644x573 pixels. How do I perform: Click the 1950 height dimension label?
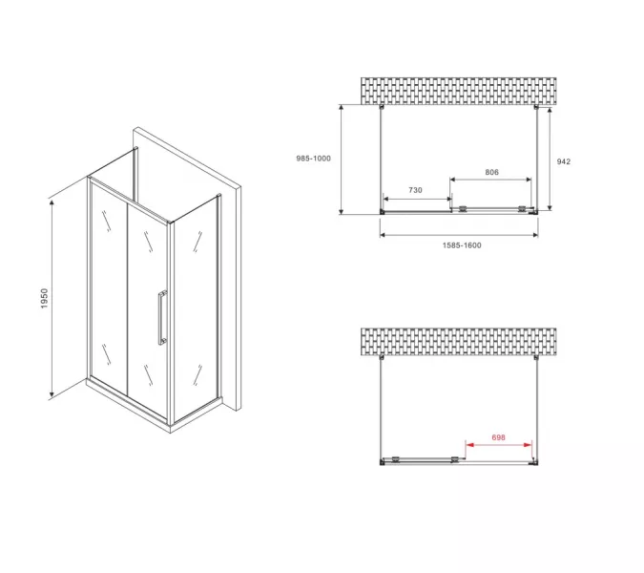point(44,298)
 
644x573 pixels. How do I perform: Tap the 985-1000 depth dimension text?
point(313,159)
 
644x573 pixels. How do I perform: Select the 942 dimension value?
point(564,161)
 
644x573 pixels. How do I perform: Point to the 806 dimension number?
point(491,172)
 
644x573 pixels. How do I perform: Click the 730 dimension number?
point(415,190)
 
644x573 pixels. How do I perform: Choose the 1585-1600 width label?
point(462,245)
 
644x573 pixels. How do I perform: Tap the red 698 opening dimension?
point(498,437)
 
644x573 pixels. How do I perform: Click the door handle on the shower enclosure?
point(162,317)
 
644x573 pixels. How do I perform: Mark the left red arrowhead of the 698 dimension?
point(469,445)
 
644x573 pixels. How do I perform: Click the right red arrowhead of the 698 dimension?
point(529,445)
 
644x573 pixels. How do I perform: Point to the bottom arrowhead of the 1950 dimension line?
point(52,394)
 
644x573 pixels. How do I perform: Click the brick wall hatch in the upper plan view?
point(458,91)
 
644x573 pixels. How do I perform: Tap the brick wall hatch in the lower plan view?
point(458,342)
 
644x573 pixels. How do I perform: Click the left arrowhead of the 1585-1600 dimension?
point(384,235)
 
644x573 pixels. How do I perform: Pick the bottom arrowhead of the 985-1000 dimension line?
point(341,211)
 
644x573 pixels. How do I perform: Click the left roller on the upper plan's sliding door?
point(463,209)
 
